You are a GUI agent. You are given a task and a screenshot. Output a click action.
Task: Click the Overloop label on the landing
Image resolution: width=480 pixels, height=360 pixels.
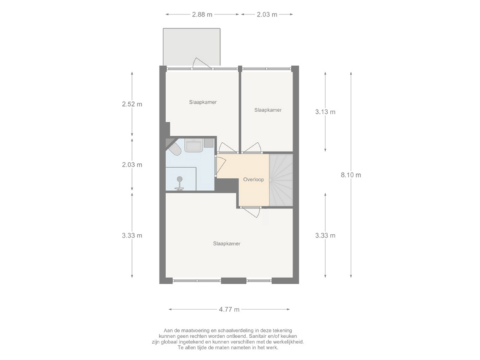pyautogui.click(x=254, y=179)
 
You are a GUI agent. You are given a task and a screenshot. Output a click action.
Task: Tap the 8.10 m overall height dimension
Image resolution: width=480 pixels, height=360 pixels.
pyautogui.click(x=351, y=175)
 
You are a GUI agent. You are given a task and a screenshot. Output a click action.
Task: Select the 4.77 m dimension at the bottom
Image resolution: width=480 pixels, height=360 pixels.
pyautogui.click(x=229, y=309)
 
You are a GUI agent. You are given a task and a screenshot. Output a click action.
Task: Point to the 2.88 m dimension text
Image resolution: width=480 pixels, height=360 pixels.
pyautogui.click(x=203, y=14)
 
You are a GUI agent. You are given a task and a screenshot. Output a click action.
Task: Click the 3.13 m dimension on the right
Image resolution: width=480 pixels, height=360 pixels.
pyautogui.click(x=325, y=111)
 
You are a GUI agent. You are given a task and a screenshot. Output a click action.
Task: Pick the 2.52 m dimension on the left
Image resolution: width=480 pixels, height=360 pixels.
pyautogui.click(x=131, y=104)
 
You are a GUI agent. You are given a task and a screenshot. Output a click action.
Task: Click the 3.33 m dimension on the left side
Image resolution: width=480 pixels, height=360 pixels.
pyautogui.click(x=131, y=235)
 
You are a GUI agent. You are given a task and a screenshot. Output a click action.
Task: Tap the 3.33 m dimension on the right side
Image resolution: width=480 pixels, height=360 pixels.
pyautogui.click(x=325, y=235)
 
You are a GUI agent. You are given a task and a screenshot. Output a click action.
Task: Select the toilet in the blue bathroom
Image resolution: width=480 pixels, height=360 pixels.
pyautogui.click(x=175, y=152)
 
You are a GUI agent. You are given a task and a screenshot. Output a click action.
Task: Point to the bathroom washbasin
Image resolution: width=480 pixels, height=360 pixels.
pyautogui.click(x=195, y=145)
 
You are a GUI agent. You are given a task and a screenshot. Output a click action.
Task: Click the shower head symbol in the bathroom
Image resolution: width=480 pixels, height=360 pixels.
pyautogui.click(x=178, y=187)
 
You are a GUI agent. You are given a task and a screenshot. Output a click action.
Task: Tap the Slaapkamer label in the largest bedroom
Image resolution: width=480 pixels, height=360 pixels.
pyautogui.click(x=227, y=244)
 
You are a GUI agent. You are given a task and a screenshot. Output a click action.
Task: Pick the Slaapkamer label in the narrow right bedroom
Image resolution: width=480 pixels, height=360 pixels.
pyautogui.click(x=267, y=111)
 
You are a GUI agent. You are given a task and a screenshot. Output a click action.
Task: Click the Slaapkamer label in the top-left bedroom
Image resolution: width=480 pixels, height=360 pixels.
pyautogui.click(x=203, y=102)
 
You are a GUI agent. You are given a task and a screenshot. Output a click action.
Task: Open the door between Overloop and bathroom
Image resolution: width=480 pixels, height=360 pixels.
pyautogui.click(x=219, y=166)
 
